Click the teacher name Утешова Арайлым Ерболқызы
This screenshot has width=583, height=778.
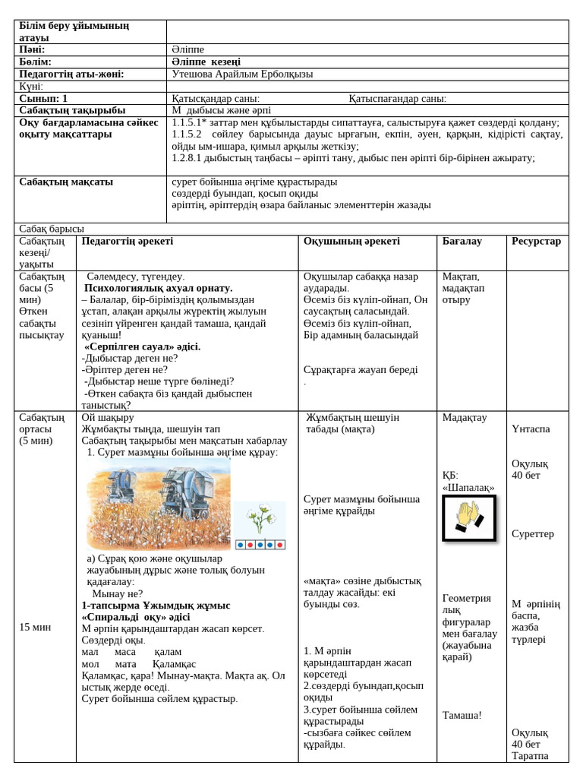(x=242, y=74)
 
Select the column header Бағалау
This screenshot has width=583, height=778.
(x=462, y=241)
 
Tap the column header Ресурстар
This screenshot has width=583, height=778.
(x=536, y=241)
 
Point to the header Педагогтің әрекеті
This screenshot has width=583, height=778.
(x=128, y=241)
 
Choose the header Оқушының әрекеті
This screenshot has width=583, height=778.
(x=351, y=241)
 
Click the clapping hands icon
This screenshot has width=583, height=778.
(x=469, y=517)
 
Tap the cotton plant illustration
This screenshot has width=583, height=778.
(x=260, y=519)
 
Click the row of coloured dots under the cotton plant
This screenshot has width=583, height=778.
(x=260, y=545)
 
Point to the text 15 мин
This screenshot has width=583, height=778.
(x=35, y=627)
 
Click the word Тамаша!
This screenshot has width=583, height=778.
(x=462, y=714)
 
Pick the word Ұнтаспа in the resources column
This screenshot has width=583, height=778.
(x=531, y=429)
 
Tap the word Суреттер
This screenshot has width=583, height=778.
(x=532, y=533)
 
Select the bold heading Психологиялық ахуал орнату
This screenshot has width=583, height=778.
(x=158, y=288)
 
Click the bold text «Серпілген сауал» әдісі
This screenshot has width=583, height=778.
(x=142, y=346)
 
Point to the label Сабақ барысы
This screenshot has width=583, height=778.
(x=52, y=229)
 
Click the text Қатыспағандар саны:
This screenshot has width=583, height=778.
(x=397, y=98)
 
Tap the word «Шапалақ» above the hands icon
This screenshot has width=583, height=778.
(x=468, y=487)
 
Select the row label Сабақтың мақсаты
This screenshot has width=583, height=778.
(x=66, y=182)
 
